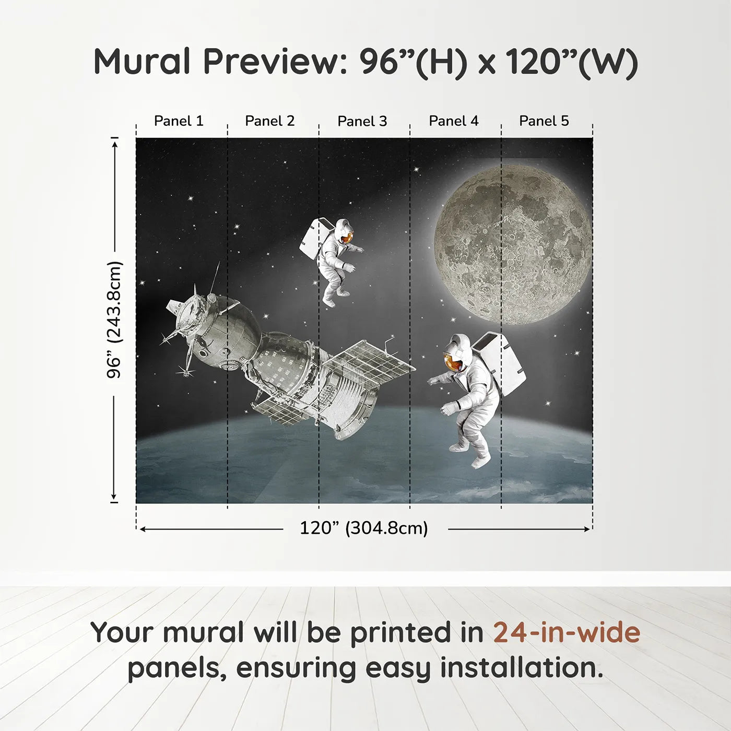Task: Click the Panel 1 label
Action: (x=179, y=121)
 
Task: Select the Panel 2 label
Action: (x=270, y=121)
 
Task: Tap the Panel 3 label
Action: (x=362, y=121)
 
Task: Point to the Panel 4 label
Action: (x=454, y=121)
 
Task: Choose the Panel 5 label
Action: (x=544, y=121)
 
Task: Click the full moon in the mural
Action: (x=513, y=245)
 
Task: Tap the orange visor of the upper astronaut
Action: (x=347, y=238)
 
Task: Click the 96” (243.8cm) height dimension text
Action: (x=114, y=320)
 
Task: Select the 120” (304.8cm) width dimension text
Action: (x=364, y=528)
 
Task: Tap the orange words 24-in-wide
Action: (x=567, y=632)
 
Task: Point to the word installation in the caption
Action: (x=522, y=668)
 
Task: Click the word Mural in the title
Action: (x=142, y=62)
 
